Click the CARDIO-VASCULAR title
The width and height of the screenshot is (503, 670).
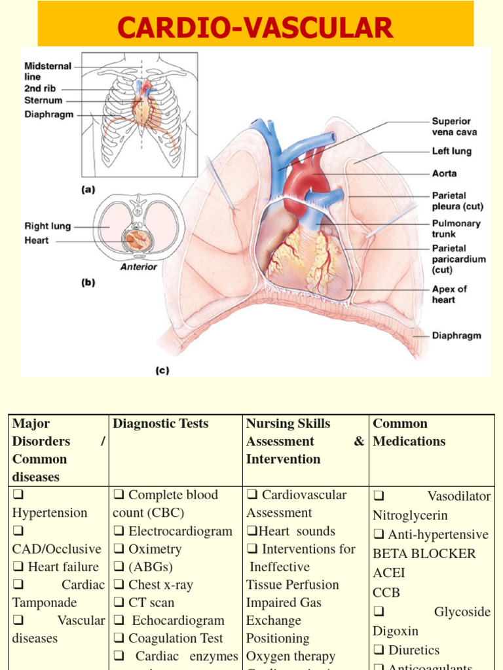click(255, 28)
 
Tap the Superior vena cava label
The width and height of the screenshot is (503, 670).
click(454, 126)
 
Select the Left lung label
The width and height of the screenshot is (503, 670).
click(451, 151)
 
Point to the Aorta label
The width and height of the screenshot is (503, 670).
click(444, 173)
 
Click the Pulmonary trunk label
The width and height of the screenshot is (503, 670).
click(456, 228)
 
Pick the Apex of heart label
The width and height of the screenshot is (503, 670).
click(449, 294)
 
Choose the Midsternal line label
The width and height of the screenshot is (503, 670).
click(48, 71)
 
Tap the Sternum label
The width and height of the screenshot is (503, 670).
click(43, 101)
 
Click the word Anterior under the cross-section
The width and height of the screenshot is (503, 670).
click(138, 266)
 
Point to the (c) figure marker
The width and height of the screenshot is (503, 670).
click(162, 370)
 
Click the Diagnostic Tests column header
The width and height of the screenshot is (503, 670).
click(160, 423)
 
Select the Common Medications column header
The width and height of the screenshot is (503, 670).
click(400, 432)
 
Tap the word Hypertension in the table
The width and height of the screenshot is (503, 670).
click(50, 513)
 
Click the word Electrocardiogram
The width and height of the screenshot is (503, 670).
click(180, 531)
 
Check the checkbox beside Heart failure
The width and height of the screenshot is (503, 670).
click(17, 567)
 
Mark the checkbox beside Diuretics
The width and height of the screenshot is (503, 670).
click(379, 650)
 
